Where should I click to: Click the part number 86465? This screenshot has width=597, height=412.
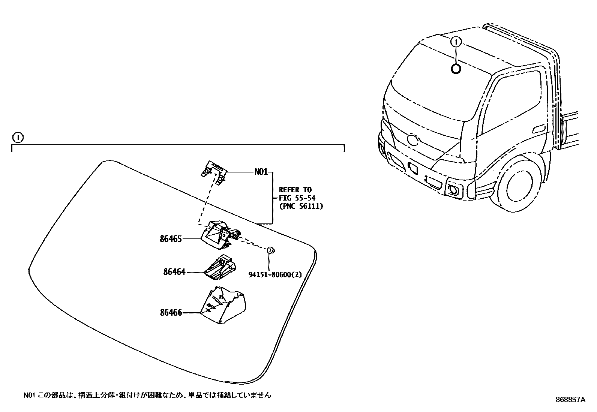point(171,239)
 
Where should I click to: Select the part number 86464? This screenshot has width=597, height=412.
point(174,272)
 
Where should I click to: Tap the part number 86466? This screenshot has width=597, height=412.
point(171,312)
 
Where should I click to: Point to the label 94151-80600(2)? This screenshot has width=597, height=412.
point(275,274)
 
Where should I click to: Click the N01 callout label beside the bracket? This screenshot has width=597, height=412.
point(261,172)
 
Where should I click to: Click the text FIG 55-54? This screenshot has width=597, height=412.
point(297,198)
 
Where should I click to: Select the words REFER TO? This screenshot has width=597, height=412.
point(295,190)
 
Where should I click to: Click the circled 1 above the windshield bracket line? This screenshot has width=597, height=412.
point(18,138)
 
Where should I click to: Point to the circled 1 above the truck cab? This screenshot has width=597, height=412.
point(456,42)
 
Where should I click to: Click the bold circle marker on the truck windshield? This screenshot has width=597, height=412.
point(456,69)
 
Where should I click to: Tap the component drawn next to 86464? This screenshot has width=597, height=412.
point(220,268)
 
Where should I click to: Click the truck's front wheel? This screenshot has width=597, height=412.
point(519,186)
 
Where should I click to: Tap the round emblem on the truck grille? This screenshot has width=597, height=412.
point(412,140)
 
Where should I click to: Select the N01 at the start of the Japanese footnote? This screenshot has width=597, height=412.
point(28,395)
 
